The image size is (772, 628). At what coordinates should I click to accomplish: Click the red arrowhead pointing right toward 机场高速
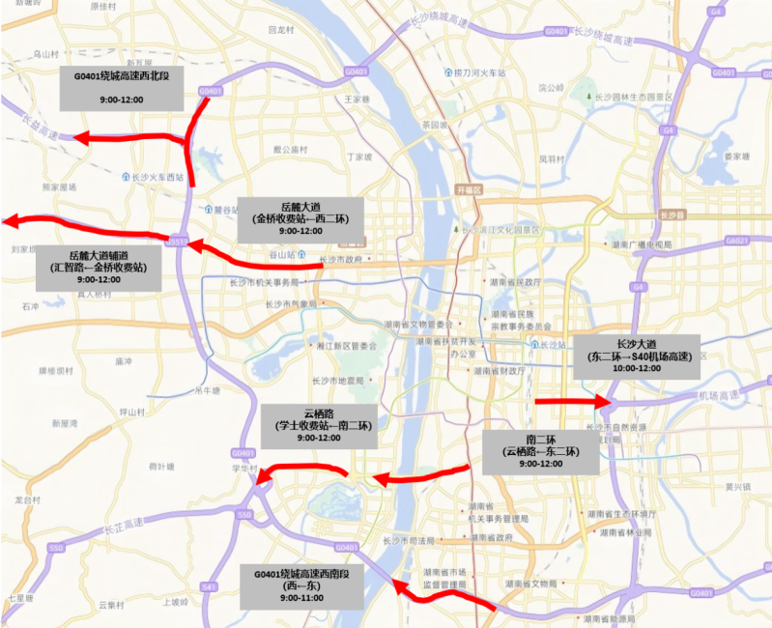click(604, 401)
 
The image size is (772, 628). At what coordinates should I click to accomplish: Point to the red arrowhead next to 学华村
click(263, 473)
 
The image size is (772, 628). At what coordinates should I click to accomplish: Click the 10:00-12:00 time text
click(636, 369)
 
